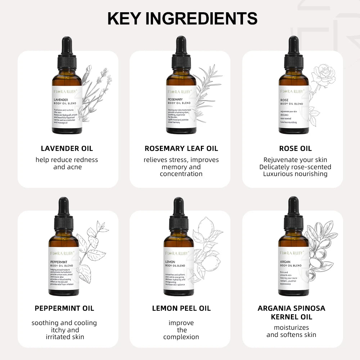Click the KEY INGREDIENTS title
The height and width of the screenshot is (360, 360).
coord(183,18)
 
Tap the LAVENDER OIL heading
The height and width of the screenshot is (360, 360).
coord(67,148)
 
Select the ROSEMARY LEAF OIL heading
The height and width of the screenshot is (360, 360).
coord(181,148)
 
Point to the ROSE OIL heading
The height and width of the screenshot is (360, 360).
coord(295,148)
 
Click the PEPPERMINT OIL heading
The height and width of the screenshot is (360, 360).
coord(64,308)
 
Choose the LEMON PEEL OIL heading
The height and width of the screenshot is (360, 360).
coord(181,308)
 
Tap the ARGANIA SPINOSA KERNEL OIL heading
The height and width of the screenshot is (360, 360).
coord(291,312)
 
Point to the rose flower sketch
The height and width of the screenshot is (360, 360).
coord(323,76)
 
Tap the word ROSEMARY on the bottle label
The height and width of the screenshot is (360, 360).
coord(175,99)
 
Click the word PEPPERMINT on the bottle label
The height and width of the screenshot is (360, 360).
coord(59,262)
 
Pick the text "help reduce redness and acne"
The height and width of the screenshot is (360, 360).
coord(67,163)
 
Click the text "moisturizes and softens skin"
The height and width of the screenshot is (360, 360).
coord(291,331)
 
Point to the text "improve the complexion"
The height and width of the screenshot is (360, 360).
coord(181,330)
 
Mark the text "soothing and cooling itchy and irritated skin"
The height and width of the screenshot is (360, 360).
coord(64,330)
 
